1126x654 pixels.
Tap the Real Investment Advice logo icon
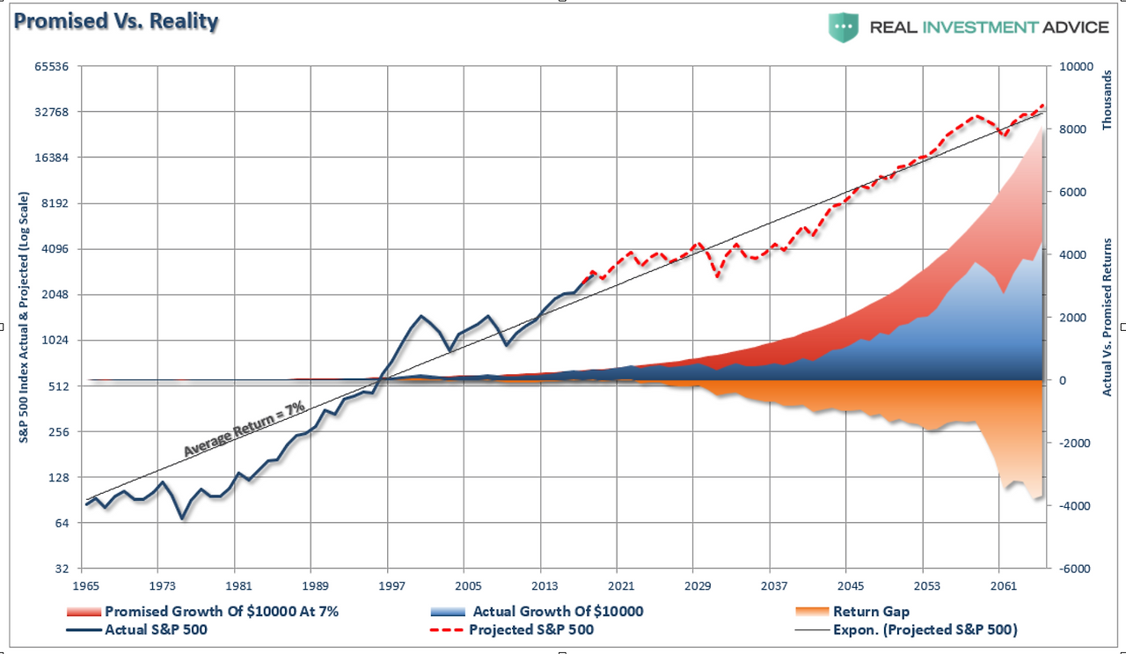pyautogui.click(x=841, y=27)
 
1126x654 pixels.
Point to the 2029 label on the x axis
pyautogui.click(x=698, y=585)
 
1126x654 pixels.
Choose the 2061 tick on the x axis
pyautogui.click(x=1004, y=585)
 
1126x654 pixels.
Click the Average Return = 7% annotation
pyautogui.click(x=244, y=428)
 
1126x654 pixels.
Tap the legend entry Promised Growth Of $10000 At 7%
pyautogui.click(x=221, y=611)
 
